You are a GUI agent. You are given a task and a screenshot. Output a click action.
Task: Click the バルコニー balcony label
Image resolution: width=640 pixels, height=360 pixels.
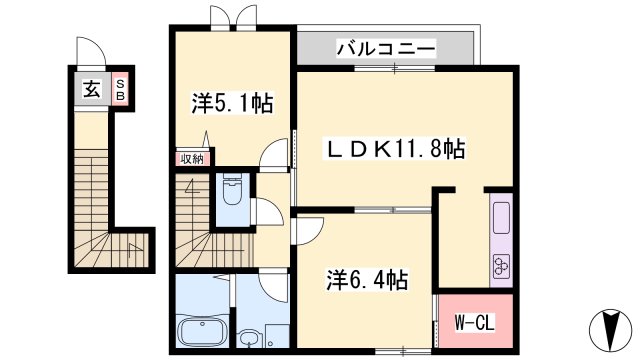(386, 47)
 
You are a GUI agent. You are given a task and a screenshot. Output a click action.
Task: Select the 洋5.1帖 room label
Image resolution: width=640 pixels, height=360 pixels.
(233, 102)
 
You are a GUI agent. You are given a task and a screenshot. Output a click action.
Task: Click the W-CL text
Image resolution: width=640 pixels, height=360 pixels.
(471, 322)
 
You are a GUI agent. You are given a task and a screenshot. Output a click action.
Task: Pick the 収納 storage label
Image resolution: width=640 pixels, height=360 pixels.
(192, 158)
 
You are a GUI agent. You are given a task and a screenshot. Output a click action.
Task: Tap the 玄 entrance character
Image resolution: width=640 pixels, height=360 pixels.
(91, 89)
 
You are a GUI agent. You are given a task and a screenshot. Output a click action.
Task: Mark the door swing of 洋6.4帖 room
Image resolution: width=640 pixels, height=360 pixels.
(307, 229)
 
